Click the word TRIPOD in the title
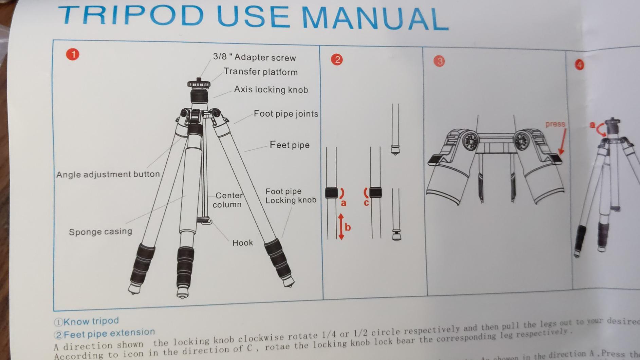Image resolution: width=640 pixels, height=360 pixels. [x=131, y=15]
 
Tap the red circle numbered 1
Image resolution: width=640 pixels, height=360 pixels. [x=73, y=54]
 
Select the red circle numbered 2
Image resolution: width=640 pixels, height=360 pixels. [x=337, y=60]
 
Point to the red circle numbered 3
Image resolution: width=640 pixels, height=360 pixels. [x=439, y=61]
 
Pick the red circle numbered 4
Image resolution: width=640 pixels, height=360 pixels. [x=579, y=65]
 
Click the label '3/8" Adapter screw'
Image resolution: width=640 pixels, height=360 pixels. [x=254, y=57]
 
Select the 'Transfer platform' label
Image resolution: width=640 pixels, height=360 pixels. [x=260, y=72]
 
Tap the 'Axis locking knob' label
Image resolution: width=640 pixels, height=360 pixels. [x=271, y=90]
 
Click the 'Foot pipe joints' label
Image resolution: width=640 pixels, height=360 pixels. [x=286, y=114]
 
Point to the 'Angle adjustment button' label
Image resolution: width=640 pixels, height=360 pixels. [x=108, y=175]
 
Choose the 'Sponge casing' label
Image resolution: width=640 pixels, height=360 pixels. [x=100, y=232]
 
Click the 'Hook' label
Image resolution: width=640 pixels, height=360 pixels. [x=242, y=243]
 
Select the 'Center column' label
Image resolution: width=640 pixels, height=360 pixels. [x=228, y=200]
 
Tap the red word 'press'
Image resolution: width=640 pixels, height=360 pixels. [x=555, y=124]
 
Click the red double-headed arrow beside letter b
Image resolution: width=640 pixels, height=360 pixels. [x=341, y=227]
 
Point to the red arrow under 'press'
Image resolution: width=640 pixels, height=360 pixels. [x=562, y=142]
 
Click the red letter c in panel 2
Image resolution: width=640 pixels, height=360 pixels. [x=366, y=203]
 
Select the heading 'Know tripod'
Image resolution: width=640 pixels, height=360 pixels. [x=91, y=321]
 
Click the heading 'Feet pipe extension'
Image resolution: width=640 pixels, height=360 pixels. [x=109, y=333]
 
